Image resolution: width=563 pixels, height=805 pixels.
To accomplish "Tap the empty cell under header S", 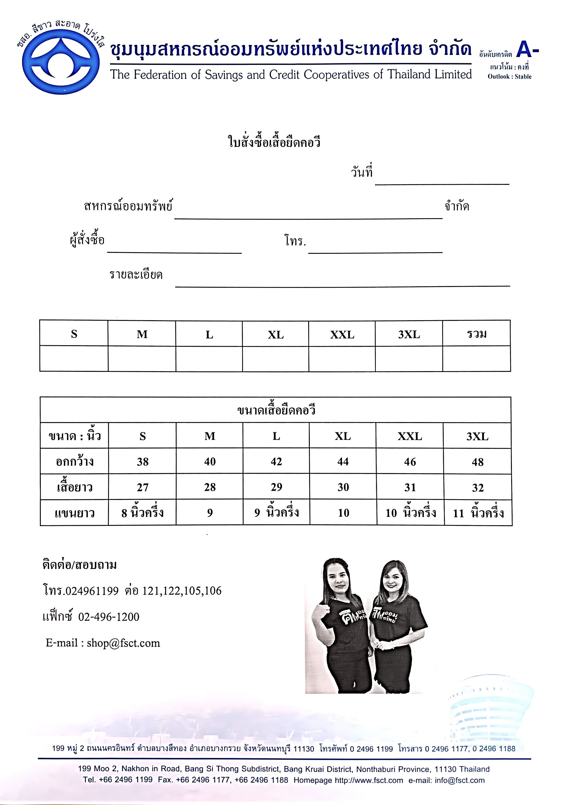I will click(74, 358).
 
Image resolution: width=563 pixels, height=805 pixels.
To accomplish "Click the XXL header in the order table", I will click(342, 335).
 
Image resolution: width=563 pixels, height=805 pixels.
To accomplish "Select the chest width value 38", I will click(143, 462).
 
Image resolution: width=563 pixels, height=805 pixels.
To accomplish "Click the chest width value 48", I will click(478, 462).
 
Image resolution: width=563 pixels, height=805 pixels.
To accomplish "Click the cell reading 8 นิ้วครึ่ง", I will click(143, 513).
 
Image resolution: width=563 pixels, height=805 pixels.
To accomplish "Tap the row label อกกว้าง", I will click(75, 462).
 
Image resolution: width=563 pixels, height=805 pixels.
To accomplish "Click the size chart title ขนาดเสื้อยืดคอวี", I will click(276, 410).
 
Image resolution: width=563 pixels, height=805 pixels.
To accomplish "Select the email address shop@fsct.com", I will click(123, 643).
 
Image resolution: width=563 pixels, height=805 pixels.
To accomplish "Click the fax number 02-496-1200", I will click(108, 617).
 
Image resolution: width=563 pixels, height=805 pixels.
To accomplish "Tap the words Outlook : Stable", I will click(509, 76).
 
